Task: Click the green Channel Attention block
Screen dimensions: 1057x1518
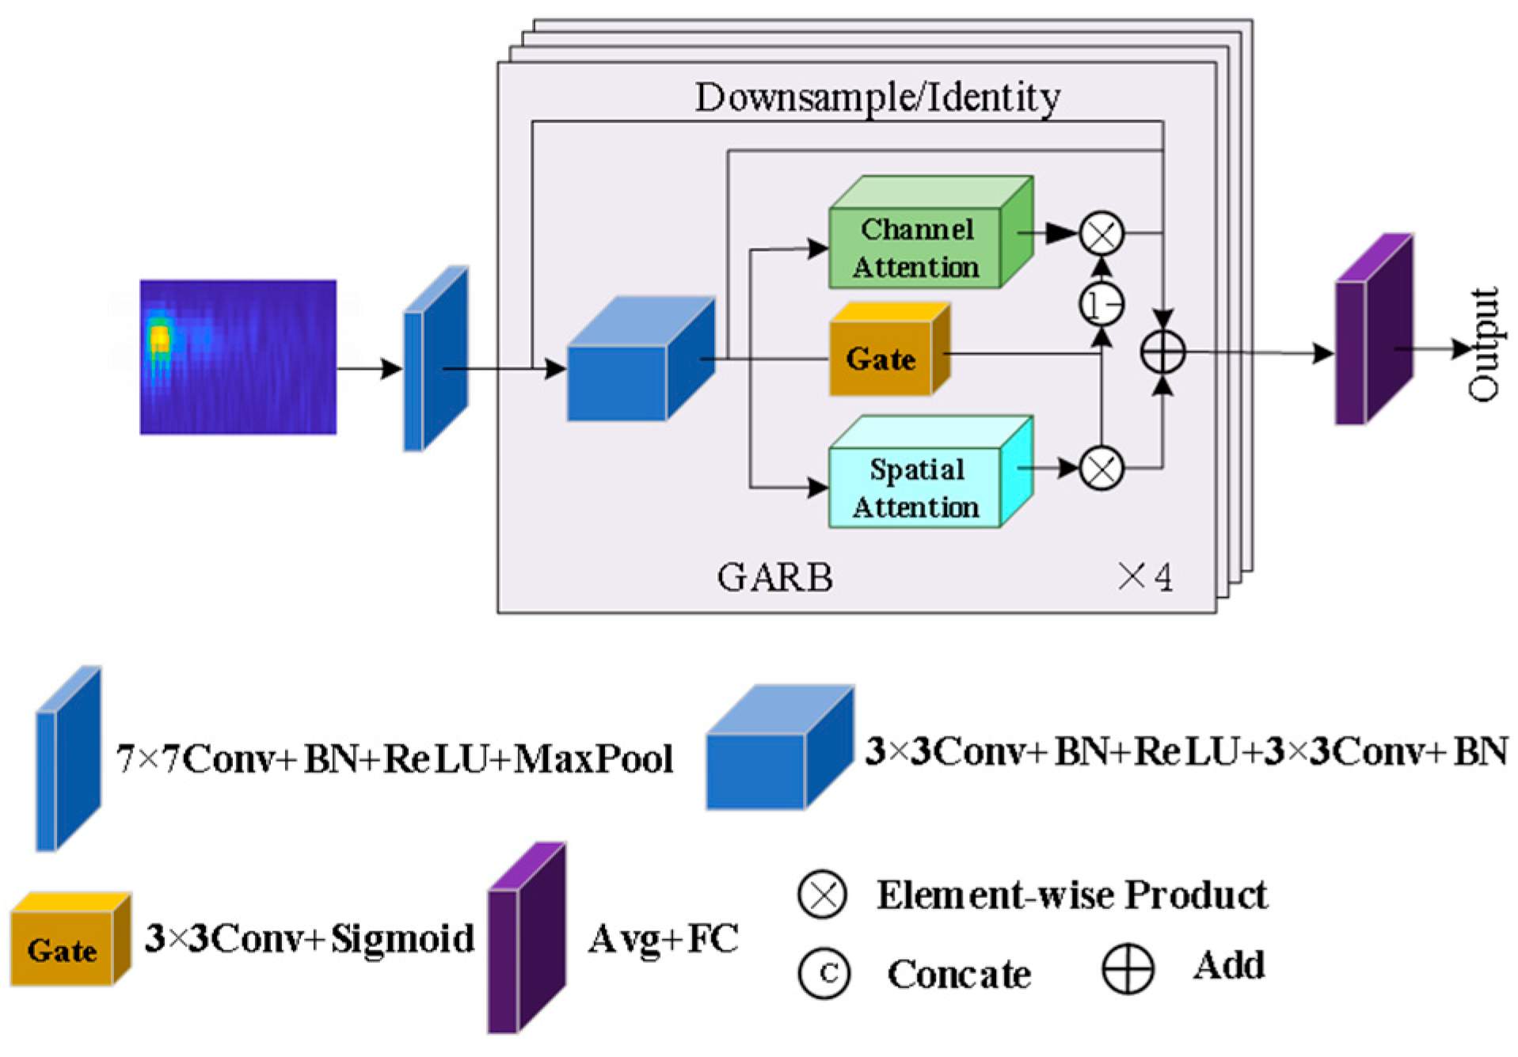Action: click(919, 247)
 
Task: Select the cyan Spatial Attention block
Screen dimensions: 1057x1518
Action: click(919, 487)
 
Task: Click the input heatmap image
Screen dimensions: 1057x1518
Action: click(238, 356)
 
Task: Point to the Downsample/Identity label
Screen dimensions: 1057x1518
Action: click(877, 97)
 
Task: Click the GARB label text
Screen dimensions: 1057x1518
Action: click(774, 577)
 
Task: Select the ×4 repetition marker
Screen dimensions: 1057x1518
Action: click(1145, 576)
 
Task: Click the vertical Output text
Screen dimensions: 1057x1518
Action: click(1482, 345)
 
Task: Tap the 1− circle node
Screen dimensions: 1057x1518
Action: click(1101, 304)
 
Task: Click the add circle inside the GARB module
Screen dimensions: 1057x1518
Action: click(1162, 353)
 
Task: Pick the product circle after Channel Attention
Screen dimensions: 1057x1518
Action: click(1101, 234)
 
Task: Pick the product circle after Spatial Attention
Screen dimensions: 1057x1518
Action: click(1101, 469)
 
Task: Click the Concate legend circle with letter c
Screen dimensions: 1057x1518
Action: click(824, 972)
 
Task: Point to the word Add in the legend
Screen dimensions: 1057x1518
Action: click(1229, 965)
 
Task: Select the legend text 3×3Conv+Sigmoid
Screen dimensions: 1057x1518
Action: click(310, 939)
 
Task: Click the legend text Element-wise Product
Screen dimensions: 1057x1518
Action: click(1071, 895)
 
